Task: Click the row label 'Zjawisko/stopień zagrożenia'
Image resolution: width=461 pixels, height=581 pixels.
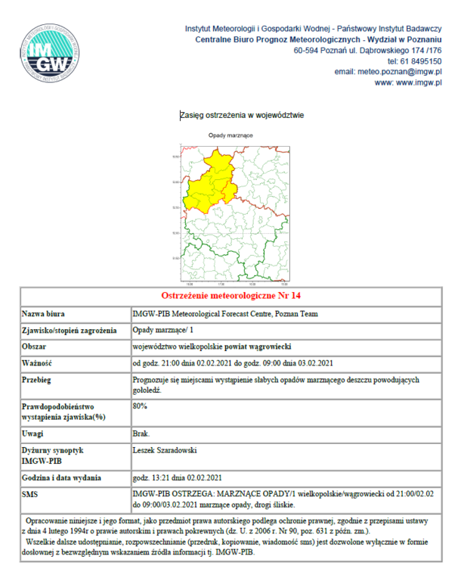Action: pyautogui.click(x=69, y=331)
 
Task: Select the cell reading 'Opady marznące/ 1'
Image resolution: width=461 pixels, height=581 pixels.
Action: pyautogui.click(x=163, y=331)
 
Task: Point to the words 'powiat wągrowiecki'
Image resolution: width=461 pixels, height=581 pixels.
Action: pyautogui.click(x=259, y=346)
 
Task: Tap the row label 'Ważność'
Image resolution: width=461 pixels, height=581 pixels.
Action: pyautogui.click(x=37, y=363)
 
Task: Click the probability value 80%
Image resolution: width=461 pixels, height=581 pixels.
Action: pyautogui.click(x=140, y=406)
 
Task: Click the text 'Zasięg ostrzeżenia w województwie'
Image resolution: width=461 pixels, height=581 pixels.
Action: pyautogui.click(x=242, y=116)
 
